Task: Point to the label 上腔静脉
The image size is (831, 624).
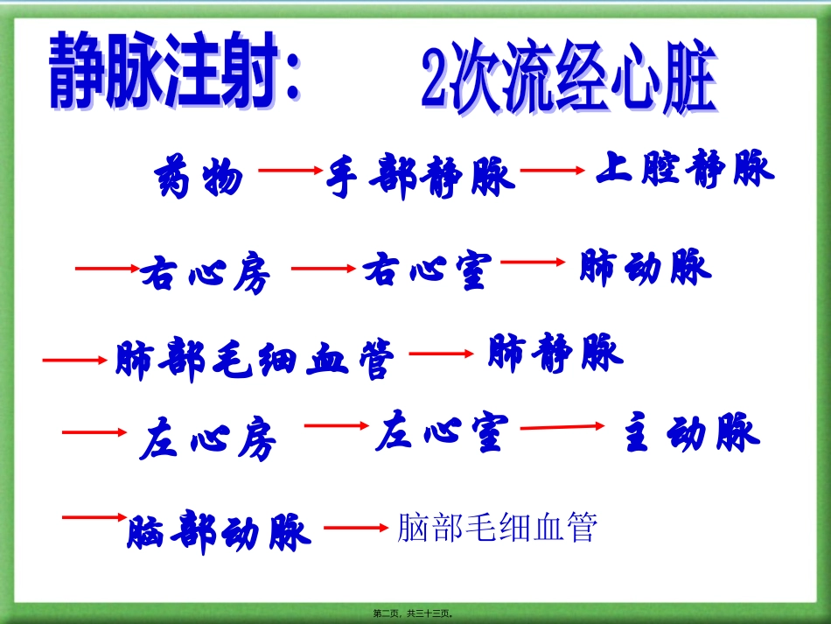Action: [x=685, y=168]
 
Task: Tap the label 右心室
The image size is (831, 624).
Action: [x=428, y=270]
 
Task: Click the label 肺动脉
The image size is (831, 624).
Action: [x=646, y=268]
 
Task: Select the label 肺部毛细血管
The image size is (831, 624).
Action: [x=255, y=360]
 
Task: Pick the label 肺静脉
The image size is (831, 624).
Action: [x=555, y=352]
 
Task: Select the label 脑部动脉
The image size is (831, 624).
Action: [x=219, y=530]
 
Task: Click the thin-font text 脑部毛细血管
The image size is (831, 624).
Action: [x=496, y=528]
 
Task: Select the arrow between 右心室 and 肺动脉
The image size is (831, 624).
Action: [x=534, y=261]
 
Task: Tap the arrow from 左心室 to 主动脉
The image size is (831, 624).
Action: [x=562, y=427]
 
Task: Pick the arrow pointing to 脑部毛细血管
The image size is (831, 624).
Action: [x=355, y=528]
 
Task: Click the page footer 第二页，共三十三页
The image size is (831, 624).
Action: [x=415, y=613]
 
